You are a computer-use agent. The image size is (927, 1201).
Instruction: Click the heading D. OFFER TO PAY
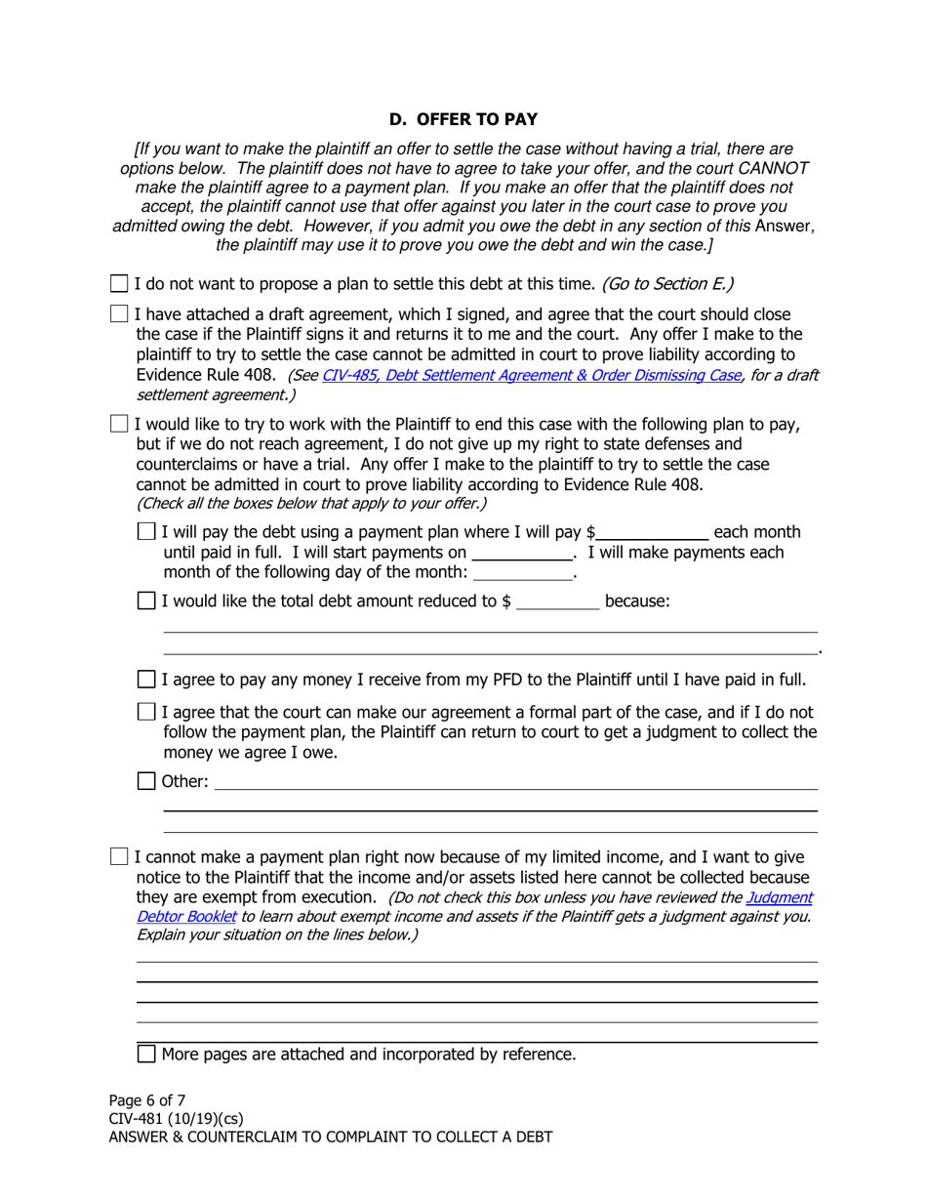[x=463, y=119]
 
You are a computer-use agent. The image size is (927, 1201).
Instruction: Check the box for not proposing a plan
[x=119, y=284]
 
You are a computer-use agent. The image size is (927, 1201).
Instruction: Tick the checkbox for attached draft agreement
[x=119, y=314]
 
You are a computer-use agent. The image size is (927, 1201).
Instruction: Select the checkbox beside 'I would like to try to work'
[x=119, y=424]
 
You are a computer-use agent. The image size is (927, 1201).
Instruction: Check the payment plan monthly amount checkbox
[x=146, y=532]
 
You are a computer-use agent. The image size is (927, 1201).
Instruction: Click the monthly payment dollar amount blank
[x=651, y=532]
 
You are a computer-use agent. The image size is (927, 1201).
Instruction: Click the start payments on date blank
[x=521, y=553]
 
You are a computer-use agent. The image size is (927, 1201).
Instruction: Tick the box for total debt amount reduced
[x=146, y=601]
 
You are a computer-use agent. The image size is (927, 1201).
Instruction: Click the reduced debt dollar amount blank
[x=557, y=601]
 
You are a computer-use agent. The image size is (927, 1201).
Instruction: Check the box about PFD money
[x=146, y=680]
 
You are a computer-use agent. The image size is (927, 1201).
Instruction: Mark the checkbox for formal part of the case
[x=146, y=713]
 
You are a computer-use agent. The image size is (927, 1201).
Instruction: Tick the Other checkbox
[x=146, y=781]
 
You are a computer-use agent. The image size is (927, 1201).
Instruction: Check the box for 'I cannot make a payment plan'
[x=119, y=857]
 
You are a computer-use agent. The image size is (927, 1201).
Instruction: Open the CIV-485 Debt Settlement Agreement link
[x=532, y=375]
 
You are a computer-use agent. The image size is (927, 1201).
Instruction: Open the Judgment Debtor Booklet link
[x=779, y=897]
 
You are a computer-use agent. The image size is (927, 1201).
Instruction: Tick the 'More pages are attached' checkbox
[x=146, y=1055]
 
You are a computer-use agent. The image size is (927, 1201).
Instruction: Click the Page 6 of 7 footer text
[x=147, y=1099]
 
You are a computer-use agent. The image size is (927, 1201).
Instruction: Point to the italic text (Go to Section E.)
[x=667, y=284]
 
